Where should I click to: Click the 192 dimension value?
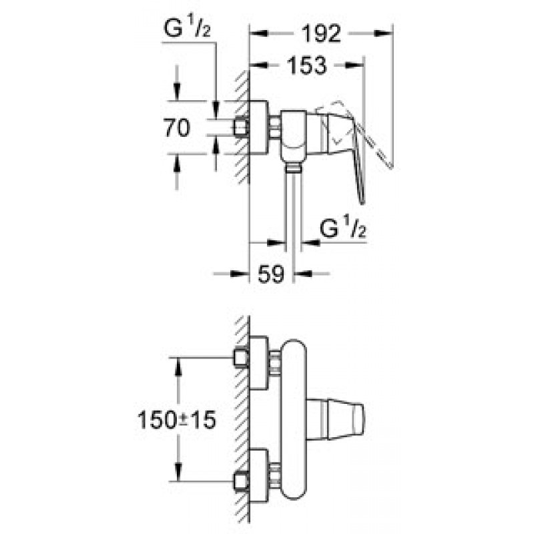322,33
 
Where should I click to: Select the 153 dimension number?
307,65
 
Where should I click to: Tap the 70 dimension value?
177,127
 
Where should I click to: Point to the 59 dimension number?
271,273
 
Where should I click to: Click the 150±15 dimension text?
177,420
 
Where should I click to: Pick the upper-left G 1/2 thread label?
187,27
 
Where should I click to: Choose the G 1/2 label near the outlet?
342,228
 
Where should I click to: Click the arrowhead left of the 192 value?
258,33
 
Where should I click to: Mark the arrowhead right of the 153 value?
355,65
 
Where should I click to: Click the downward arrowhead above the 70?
177,92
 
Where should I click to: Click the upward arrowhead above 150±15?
178,367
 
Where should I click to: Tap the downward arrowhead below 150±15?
178,472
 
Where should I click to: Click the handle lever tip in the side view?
362,203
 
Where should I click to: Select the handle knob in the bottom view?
335,419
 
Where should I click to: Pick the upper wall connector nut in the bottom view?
241,358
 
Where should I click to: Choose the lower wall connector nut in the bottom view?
241,481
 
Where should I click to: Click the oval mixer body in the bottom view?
294,420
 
